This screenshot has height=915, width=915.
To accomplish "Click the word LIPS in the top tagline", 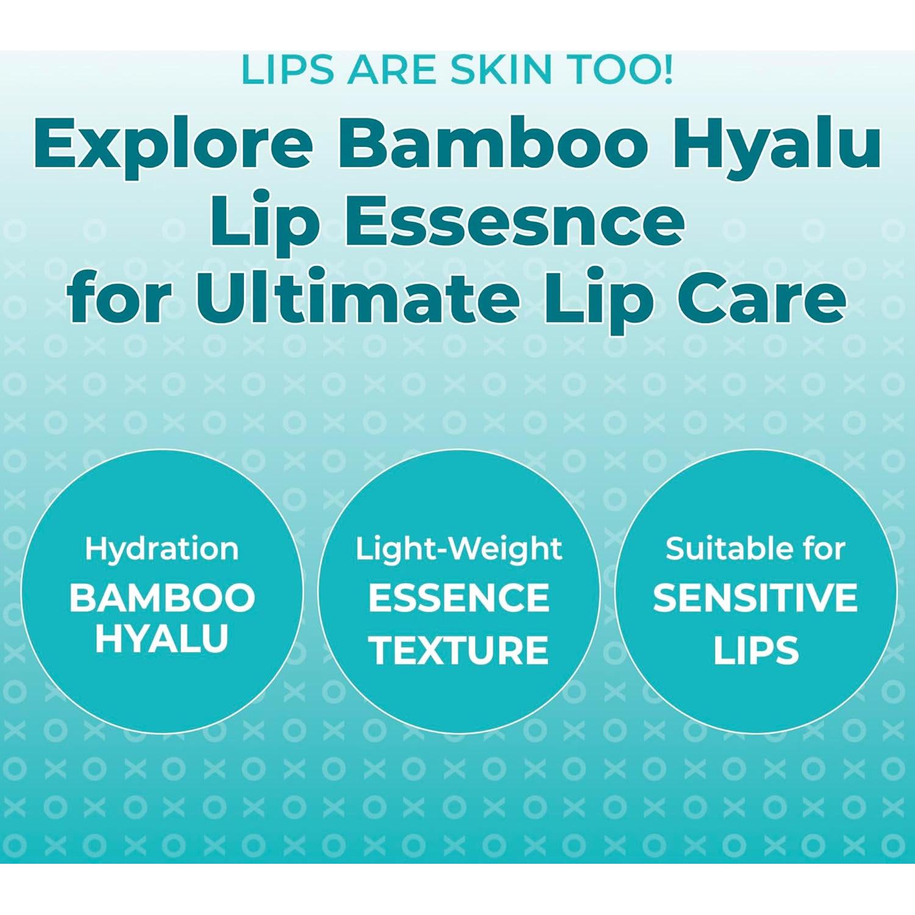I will point(287,70).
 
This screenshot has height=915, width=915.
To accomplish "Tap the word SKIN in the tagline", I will point(501,70).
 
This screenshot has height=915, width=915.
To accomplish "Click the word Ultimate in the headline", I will point(356,299).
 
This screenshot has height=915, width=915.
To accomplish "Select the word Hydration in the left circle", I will point(162,549).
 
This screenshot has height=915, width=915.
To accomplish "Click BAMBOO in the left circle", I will point(162,598).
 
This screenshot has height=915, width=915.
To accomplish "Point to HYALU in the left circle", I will point(162,639).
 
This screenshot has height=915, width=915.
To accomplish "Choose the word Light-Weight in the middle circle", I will point(459,549).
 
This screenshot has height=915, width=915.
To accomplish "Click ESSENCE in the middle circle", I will point(459,598).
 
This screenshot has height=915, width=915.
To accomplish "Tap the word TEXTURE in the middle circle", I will point(459,650).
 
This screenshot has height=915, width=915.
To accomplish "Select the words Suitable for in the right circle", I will point(755,549).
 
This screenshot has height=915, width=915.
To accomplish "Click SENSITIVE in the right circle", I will point(755,598).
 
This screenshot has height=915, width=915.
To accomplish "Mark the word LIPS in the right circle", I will point(756,650).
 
